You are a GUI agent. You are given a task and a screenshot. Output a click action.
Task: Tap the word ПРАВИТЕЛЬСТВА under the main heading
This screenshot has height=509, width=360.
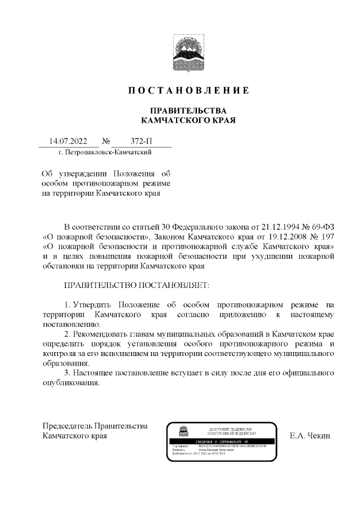tap(187, 110)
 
